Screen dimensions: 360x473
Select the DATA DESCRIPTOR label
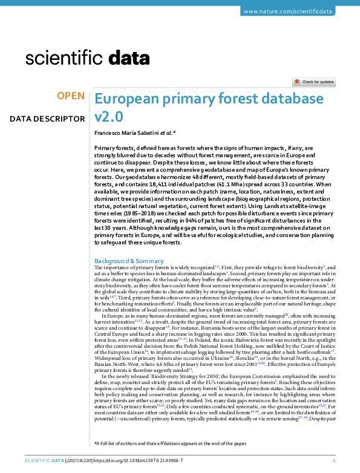coord(47,119)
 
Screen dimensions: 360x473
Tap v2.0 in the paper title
coord(110,116)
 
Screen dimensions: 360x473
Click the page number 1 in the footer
coord(342,461)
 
